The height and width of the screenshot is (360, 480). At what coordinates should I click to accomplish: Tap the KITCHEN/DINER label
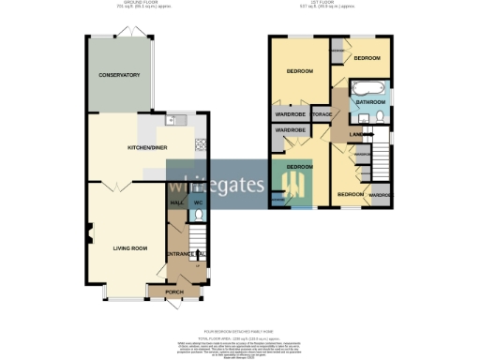[x=146, y=147]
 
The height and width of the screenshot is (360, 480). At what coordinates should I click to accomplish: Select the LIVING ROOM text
[x=131, y=247]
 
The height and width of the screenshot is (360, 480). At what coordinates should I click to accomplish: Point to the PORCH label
[x=173, y=292]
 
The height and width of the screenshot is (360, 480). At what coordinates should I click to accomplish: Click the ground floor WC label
[x=197, y=202]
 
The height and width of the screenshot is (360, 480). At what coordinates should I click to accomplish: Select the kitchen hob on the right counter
[x=200, y=145]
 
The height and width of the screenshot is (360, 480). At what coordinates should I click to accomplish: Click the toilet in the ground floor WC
[x=197, y=215]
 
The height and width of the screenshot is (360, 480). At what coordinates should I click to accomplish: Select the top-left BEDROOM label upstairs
[x=299, y=71]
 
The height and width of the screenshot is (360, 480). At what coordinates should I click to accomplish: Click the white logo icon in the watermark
[x=292, y=185]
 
